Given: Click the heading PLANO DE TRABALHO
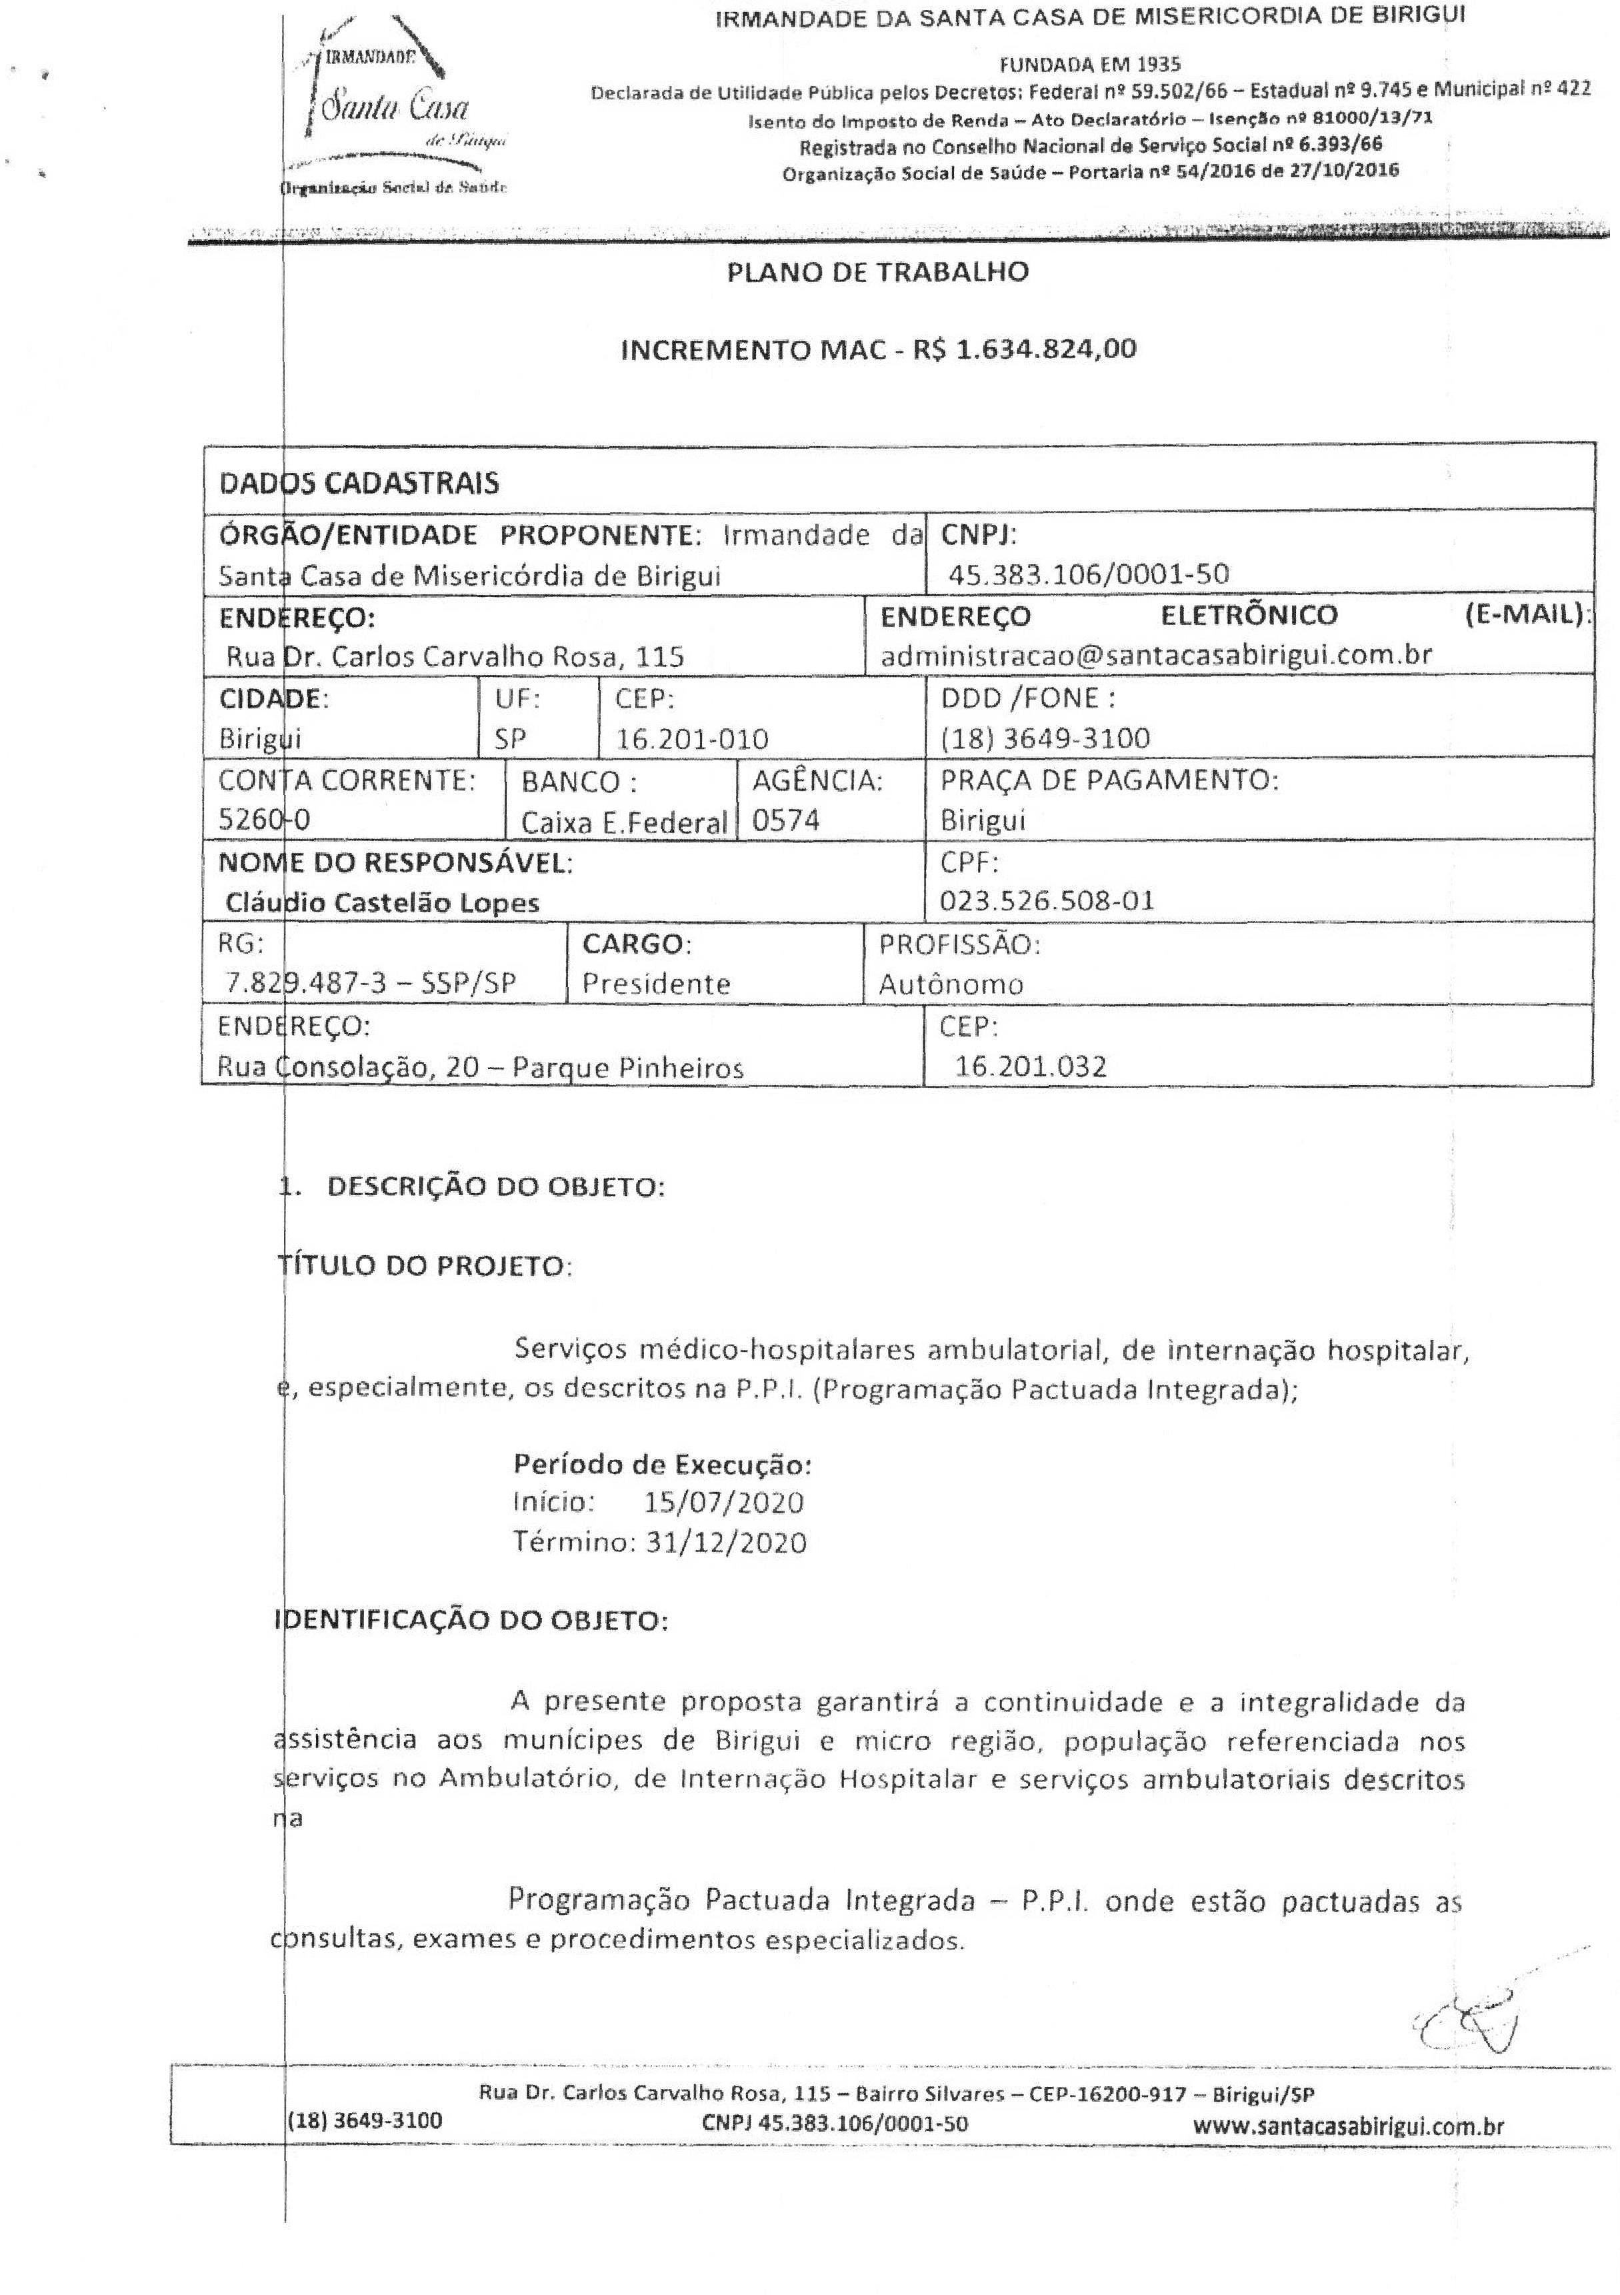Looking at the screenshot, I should click(877, 273).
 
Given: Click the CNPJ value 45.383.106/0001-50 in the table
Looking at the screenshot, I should click(1092, 574).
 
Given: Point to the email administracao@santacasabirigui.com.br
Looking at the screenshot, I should click(1156, 655).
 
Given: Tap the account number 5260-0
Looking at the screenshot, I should click(264, 820).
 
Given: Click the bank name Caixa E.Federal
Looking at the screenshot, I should click(623, 822).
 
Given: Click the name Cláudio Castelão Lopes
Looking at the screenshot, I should click(383, 902).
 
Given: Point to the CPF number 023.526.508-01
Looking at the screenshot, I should click(1047, 900).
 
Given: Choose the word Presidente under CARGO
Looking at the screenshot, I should click(657, 984).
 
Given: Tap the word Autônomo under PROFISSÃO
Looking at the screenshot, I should click(951, 984).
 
